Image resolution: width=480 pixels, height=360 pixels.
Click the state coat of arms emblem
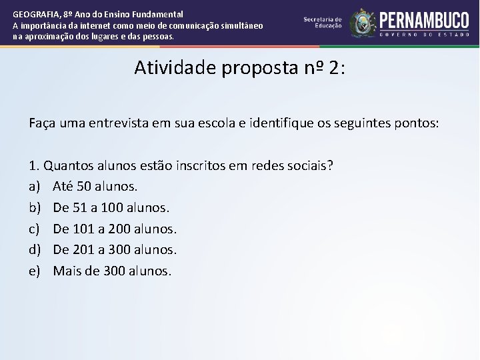pos(363,23)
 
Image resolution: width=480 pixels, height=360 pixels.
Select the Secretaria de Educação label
pos(323,22)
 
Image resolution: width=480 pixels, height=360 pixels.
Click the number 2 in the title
pos(333,68)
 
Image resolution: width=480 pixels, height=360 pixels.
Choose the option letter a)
pos(35,186)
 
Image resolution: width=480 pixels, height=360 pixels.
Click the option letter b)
pos(35,207)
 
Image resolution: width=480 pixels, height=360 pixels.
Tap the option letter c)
pos(35,229)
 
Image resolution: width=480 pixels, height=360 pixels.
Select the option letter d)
pos(35,250)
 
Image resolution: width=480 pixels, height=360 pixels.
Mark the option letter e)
pos(35,271)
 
